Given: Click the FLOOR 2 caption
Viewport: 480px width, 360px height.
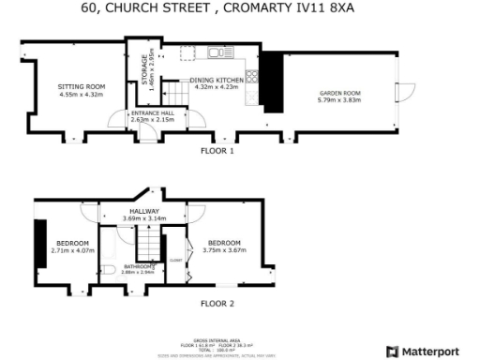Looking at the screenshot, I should click(217, 304).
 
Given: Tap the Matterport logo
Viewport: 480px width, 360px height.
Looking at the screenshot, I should click(432, 352).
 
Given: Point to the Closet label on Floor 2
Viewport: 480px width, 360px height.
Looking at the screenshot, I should click(175, 248).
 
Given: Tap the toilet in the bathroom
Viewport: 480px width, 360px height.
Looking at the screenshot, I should click(109, 271).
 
